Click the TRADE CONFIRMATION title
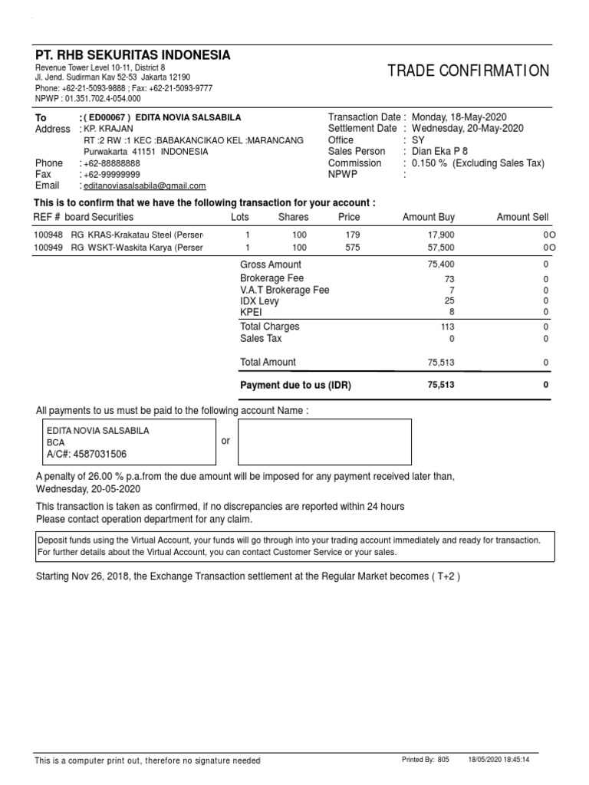click(x=468, y=71)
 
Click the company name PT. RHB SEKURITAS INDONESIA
click(x=133, y=55)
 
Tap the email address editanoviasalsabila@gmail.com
click(x=145, y=186)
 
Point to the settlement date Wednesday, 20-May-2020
click(x=468, y=129)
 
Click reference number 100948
click(x=49, y=235)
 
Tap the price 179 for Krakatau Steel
click(x=352, y=235)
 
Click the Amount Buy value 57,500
click(x=441, y=248)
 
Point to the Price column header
click(x=349, y=218)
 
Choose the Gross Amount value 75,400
click(x=441, y=264)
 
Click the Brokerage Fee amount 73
click(x=449, y=279)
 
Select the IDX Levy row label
click(x=259, y=301)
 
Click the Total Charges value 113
click(x=446, y=327)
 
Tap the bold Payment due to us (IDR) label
click(x=295, y=385)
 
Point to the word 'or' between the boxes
click(x=225, y=441)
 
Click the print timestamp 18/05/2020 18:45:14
click(x=499, y=760)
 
